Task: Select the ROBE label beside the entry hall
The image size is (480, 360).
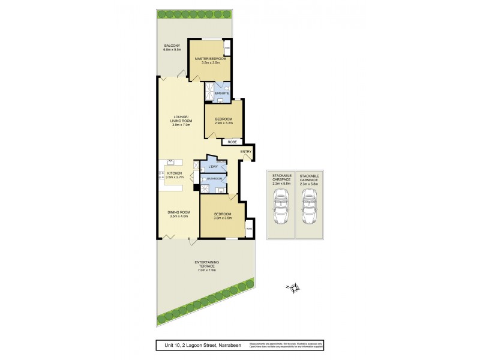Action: click(233, 142)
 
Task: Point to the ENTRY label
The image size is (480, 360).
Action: click(246, 152)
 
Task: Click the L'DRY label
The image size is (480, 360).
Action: click(212, 166)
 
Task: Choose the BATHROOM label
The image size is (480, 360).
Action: click(215, 178)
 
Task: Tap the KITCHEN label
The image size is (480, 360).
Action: click(174, 173)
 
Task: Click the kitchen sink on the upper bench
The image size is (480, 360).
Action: click(170, 161)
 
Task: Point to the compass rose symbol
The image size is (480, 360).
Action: click(293, 289)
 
